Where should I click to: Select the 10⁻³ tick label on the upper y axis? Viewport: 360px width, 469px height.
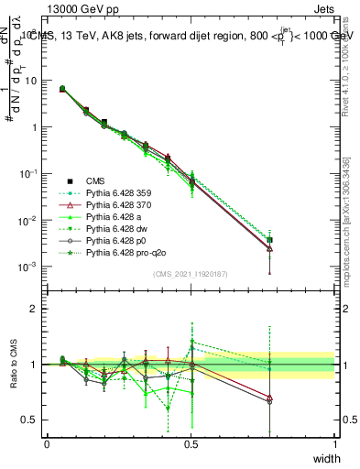coord(29,267)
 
